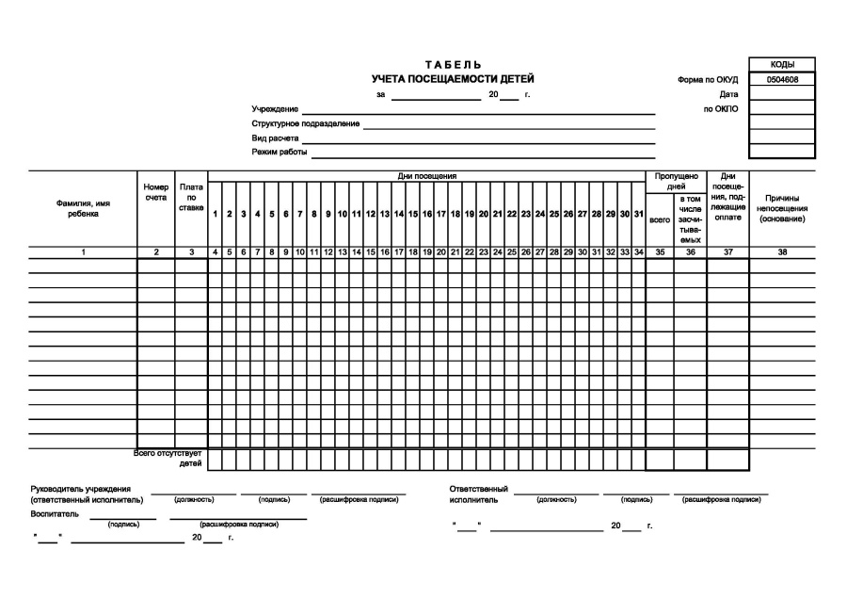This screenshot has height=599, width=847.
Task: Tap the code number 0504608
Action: (781, 80)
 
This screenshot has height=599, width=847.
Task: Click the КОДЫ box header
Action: (781, 64)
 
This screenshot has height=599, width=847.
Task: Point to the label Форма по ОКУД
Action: (708, 80)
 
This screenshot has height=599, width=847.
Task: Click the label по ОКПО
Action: (721, 108)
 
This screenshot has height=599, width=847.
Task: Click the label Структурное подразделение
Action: (306, 123)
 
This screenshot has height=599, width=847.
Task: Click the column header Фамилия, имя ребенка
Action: (83, 208)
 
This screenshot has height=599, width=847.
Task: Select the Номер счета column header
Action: (156, 192)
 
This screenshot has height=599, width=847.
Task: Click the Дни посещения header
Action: (426, 176)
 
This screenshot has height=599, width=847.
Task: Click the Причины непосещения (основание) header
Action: (782, 208)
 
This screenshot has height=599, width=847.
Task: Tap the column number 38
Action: (782, 252)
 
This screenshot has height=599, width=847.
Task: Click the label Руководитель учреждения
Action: (81, 489)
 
